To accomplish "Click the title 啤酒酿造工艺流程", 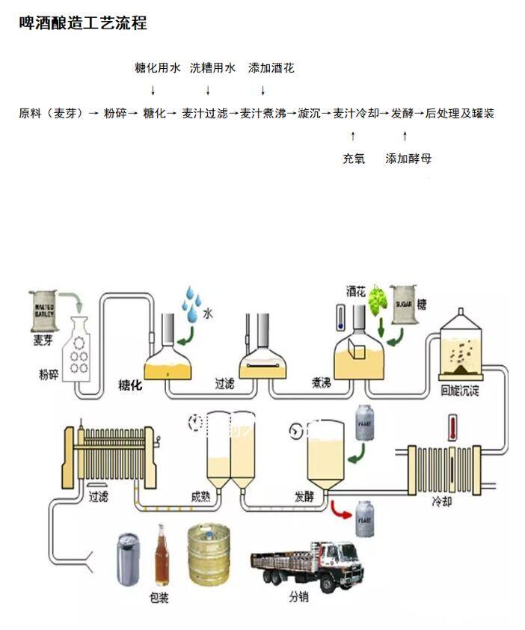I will tap(82, 23).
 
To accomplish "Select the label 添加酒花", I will tap(271, 68).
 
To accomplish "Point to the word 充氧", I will tap(354, 159).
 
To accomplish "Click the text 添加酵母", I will tap(408, 159).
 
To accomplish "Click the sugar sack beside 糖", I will tap(405, 305).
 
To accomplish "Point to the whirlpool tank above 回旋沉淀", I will tap(460, 345).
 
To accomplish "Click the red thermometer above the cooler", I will tap(452, 429).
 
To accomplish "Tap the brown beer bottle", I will tap(161, 555).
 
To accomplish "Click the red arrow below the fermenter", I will tap(342, 513).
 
